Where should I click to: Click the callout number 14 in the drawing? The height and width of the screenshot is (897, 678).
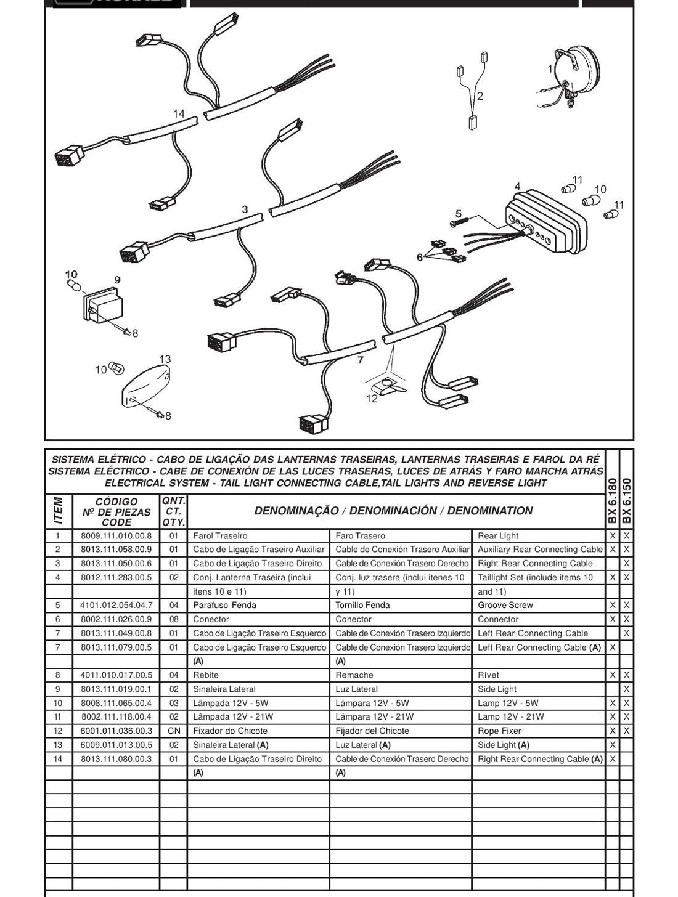pos(179,113)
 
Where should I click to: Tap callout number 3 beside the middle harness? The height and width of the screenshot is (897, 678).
pos(245,209)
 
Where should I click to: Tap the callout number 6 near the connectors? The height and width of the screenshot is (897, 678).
pos(419,257)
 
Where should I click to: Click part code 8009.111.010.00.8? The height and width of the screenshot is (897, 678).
pos(116,536)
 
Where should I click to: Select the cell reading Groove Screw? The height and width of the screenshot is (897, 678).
pos(505,605)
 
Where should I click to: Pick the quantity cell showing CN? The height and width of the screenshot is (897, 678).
pos(174,731)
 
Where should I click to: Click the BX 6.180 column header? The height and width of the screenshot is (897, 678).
pos(612,501)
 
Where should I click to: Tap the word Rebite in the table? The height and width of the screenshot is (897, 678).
pos(206,675)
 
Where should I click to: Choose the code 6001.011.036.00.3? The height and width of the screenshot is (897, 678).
pos(116,731)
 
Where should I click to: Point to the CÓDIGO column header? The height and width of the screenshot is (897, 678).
pos(116,501)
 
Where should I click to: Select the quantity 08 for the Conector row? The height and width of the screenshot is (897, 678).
pos(174,619)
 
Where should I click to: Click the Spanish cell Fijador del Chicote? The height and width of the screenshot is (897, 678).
pos(372,731)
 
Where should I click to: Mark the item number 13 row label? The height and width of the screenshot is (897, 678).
pos(57,745)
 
